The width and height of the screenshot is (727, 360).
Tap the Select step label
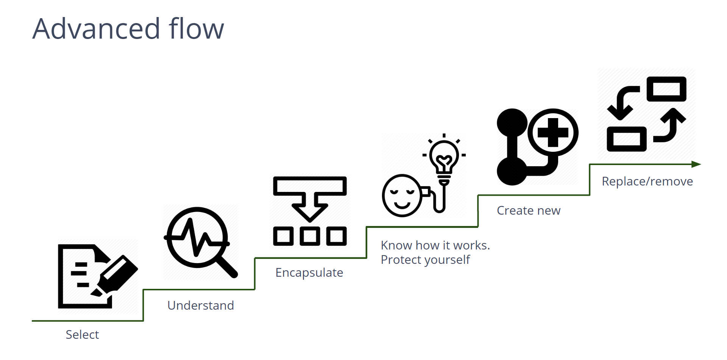pyautogui.click(x=82, y=335)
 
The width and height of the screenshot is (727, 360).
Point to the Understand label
pyautogui.click(x=201, y=305)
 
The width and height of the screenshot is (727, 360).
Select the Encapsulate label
pyautogui.click(x=309, y=273)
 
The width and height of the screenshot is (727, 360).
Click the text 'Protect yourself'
pyautogui.click(x=425, y=260)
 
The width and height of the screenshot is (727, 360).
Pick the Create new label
pyautogui.click(x=529, y=210)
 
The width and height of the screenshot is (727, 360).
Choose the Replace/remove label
pyautogui.click(x=647, y=182)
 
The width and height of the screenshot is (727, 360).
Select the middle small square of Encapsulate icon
pyautogui.click(x=310, y=236)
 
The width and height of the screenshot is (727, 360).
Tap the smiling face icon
pyautogui.click(x=402, y=195)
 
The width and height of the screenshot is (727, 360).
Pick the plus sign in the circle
pyautogui.click(x=553, y=132)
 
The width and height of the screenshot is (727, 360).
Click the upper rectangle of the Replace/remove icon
pyautogui.click(x=666, y=89)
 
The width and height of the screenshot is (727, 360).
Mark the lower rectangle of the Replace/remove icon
pyautogui.click(x=627, y=139)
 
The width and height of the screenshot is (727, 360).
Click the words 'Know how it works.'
pyautogui.click(x=435, y=245)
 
